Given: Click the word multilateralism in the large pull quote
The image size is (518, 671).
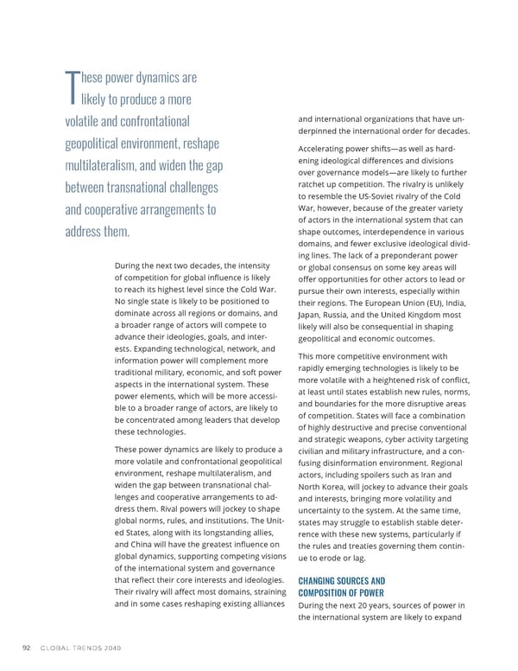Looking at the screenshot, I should [x=111, y=165].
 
